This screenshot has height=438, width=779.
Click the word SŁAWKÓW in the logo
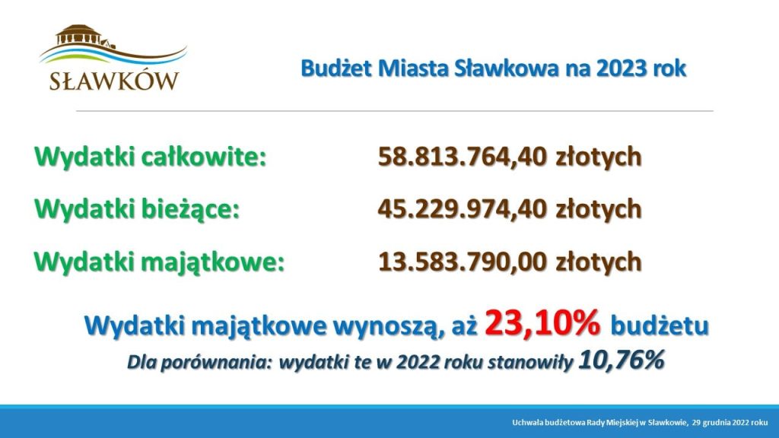(114, 81)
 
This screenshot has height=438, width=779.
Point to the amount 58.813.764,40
(462, 157)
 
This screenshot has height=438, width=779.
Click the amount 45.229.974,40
(462, 209)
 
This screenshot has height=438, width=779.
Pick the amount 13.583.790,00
(462, 262)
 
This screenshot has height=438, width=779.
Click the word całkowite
(204, 157)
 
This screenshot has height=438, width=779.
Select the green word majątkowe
(213, 262)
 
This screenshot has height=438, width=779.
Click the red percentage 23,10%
(542, 322)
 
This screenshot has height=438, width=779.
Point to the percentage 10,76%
(621, 360)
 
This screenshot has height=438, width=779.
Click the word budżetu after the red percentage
(660, 326)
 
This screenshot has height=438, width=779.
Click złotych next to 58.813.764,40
(599, 157)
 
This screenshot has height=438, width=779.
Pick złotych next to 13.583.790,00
(599, 262)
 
